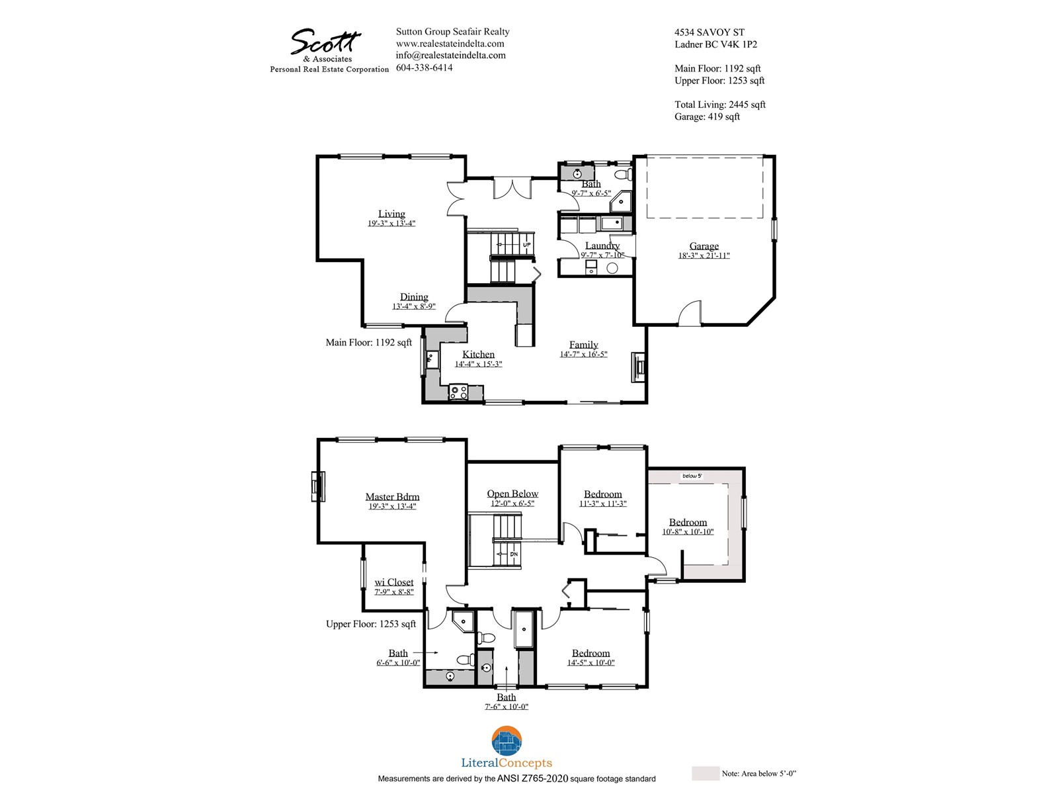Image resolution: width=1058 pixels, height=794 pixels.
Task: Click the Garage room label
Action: (x=704, y=246)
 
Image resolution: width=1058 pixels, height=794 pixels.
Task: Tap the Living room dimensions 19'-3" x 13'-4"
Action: (x=391, y=223)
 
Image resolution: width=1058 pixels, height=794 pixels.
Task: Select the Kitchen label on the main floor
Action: (x=478, y=355)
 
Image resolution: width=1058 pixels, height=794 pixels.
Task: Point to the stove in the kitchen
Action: (x=458, y=392)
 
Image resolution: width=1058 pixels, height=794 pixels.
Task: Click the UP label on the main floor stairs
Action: (x=527, y=245)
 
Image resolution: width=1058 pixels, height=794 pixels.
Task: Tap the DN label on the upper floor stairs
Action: (x=514, y=554)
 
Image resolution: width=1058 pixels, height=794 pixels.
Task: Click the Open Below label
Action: (x=512, y=494)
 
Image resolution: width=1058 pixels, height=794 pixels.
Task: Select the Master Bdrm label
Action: (x=392, y=496)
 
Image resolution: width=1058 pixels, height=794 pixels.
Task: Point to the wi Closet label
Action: (x=394, y=582)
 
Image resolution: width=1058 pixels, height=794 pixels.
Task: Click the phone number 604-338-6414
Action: (x=424, y=67)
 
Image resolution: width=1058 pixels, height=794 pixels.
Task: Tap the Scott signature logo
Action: (x=325, y=42)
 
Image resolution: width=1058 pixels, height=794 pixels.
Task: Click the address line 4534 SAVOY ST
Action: (x=709, y=32)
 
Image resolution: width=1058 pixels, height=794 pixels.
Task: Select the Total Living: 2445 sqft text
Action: (x=719, y=105)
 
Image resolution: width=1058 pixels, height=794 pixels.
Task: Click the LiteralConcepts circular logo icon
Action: (x=507, y=741)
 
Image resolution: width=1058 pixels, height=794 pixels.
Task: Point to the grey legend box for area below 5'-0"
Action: (x=705, y=773)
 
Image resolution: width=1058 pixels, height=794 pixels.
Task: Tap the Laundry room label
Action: (x=602, y=246)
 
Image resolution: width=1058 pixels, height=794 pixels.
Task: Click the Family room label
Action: (x=584, y=345)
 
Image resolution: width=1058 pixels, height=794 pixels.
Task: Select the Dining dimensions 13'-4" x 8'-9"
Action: (x=413, y=306)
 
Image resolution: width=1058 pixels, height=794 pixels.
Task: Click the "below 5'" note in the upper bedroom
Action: (x=692, y=476)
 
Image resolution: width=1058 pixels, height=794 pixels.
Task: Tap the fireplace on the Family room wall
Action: (x=639, y=367)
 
